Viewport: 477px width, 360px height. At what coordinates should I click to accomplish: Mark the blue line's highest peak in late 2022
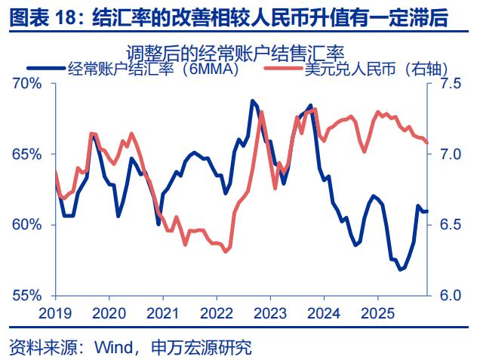click(x=252, y=100)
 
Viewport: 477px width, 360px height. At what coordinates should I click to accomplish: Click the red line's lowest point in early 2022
click(x=226, y=252)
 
